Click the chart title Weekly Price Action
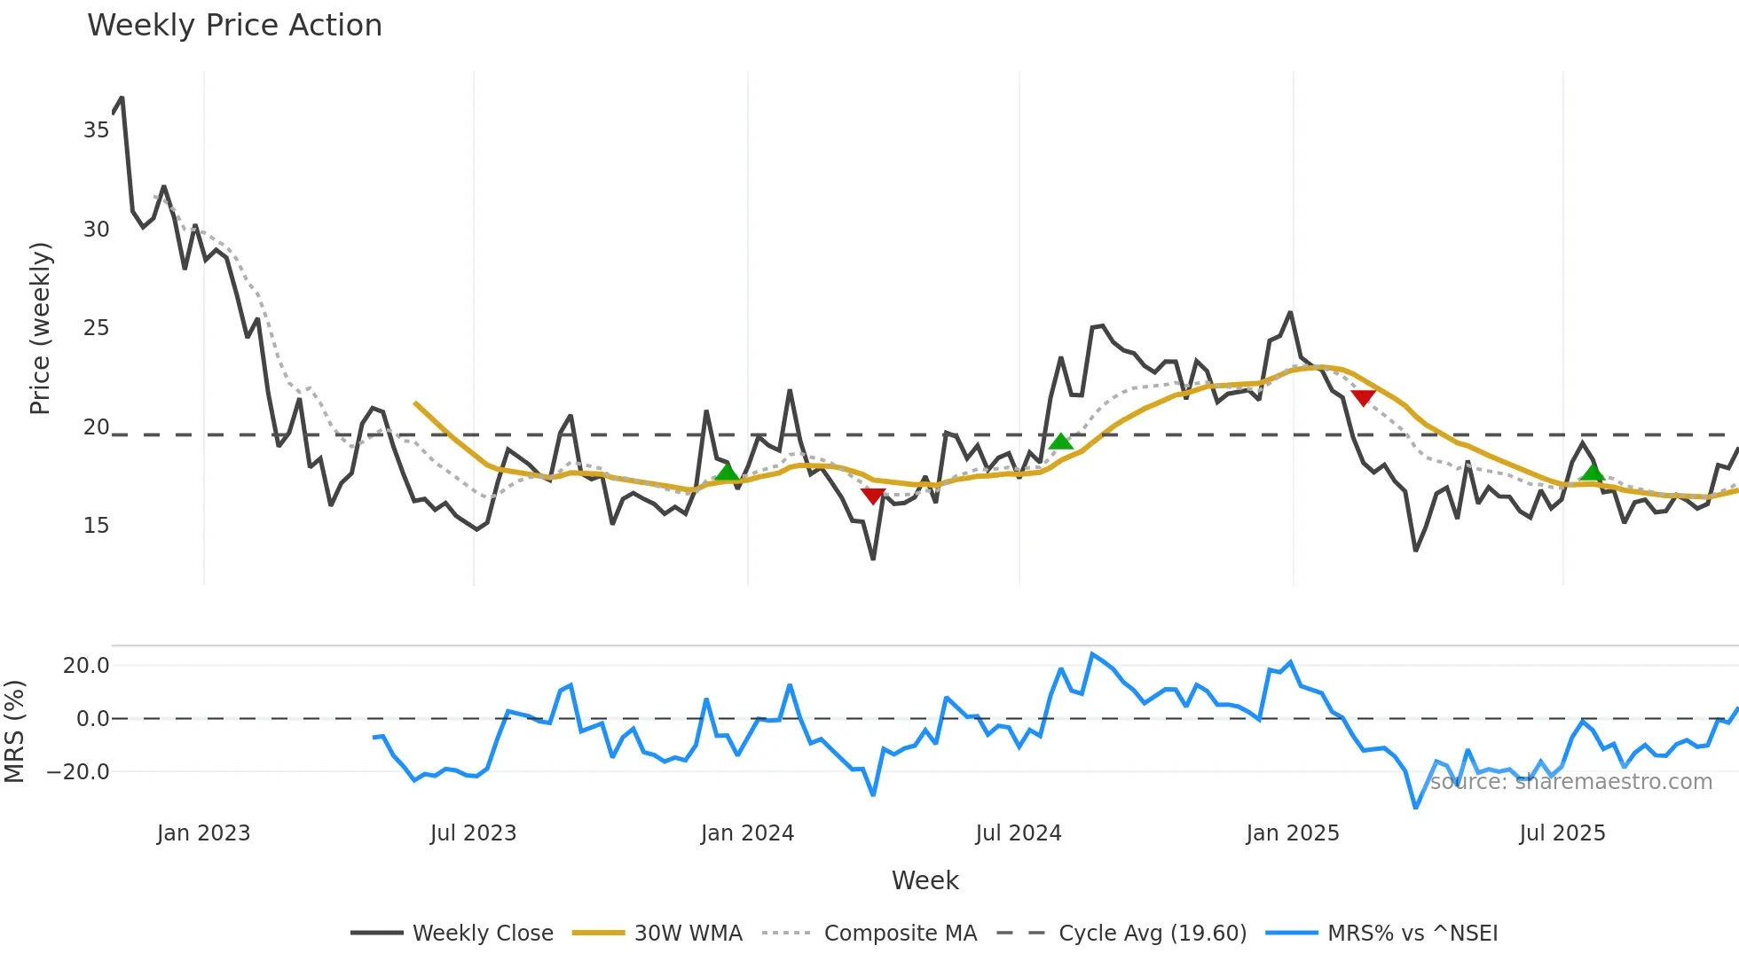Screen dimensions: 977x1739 tap(234, 26)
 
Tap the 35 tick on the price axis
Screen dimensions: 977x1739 tap(96, 130)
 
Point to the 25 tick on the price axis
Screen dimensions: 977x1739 tap(96, 328)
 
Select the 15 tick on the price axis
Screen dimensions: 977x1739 tap(96, 526)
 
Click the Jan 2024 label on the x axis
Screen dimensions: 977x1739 tap(747, 833)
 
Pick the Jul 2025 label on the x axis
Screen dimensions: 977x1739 tap(1562, 833)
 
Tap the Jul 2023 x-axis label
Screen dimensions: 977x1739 tap(473, 833)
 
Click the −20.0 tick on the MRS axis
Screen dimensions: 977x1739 tap(78, 772)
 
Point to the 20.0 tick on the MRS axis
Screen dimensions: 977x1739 tap(86, 666)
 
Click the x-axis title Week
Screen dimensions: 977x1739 tap(925, 880)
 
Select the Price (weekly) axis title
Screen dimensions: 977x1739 tap(40, 328)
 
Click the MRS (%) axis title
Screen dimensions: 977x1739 tap(14, 731)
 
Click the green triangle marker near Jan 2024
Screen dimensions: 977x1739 tap(727, 472)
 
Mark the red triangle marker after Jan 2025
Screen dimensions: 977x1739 tap(1363, 398)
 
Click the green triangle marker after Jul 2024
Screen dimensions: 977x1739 tap(1060, 442)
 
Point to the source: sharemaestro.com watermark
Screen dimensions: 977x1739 tap(1570, 782)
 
